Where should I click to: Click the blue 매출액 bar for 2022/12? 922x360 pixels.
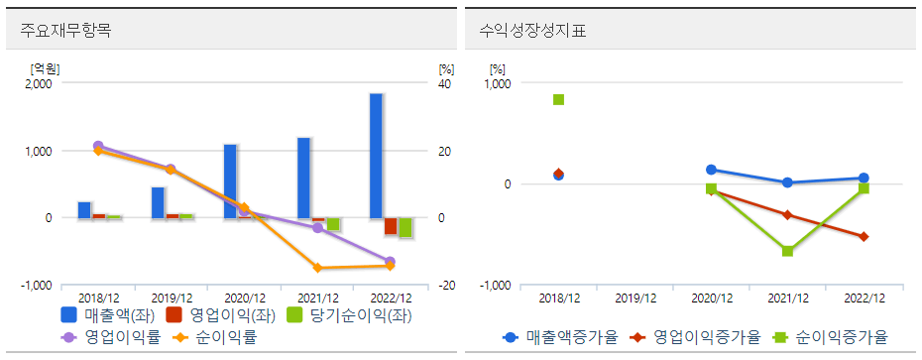point(376,156)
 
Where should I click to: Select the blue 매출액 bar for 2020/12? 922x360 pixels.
point(230,180)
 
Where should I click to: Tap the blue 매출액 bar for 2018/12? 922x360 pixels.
point(84,209)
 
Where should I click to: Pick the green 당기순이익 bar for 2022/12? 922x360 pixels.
point(405,227)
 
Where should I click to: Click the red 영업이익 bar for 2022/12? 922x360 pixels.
point(391,226)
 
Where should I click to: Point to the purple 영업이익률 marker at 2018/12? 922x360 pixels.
point(98,146)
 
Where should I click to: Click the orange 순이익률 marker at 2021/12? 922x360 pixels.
point(317,268)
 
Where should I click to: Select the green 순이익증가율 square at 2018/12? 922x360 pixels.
point(559,99)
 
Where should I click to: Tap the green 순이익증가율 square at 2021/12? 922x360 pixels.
point(787,251)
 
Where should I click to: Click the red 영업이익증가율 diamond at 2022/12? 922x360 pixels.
point(864,236)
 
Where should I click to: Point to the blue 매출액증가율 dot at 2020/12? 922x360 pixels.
point(711,170)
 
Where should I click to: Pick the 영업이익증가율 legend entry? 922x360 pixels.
point(703,337)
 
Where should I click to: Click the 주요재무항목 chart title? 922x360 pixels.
point(65,30)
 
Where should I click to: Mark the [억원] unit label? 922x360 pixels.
point(46,68)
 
